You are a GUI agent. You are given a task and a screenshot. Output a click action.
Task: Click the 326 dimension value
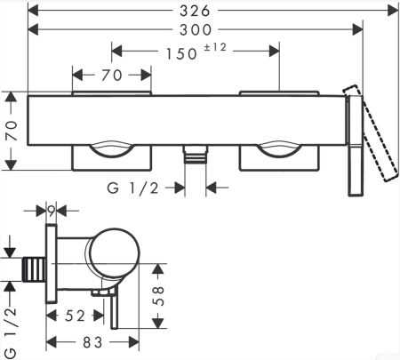click(195, 11)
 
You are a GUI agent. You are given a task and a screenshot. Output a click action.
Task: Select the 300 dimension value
click(196, 29)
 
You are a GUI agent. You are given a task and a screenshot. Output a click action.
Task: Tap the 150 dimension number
click(181, 54)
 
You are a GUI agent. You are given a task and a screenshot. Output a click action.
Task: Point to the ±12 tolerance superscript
click(215, 47)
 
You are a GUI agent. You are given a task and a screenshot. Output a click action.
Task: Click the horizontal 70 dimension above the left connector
click(112, 76)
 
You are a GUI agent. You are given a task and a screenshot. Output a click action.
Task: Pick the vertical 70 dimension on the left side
click(12, 131)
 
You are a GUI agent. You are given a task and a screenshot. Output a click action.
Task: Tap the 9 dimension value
click(52, 211)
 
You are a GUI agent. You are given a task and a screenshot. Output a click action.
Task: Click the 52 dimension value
click(75, 316)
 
